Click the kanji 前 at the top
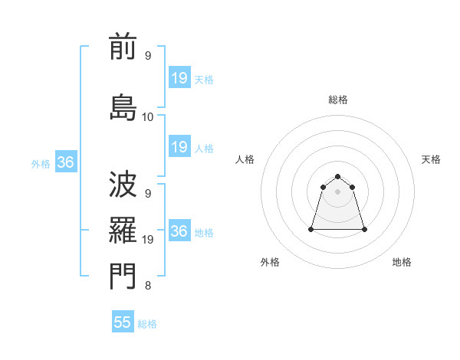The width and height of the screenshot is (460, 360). pyautogui.click(x=123, y=47)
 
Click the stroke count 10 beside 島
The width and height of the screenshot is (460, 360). pyautogui.click(x=148, y=117)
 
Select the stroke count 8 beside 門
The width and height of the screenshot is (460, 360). pyautogui.click(x=148, y=286)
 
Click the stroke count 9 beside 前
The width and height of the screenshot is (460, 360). pyautogui.click(x=148, y=56)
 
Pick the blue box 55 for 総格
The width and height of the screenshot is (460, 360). pyautogui.click(x=123, y=322)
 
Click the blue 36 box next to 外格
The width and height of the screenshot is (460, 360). pyautogui.click(x=65, y=162)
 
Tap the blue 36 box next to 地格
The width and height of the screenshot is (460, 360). pyautogui.click(x=179, y=231)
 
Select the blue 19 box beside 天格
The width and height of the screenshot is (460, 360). pyautogui.click(x=179, y=78)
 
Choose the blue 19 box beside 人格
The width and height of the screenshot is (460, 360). pyautogui.click(x=179, y=147)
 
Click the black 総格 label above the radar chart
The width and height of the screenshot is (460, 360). pyautogui.click(x=338, y=100)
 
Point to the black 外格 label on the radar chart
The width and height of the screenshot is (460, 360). pyautogui.click(x=270, y=262)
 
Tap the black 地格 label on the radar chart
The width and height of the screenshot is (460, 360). pyautogui.click(x=402, y=262)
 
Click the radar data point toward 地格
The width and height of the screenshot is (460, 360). pyautogui.click(x=364, y=229)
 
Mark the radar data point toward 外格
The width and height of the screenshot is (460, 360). pyautogui.click(x=312, y=229)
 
